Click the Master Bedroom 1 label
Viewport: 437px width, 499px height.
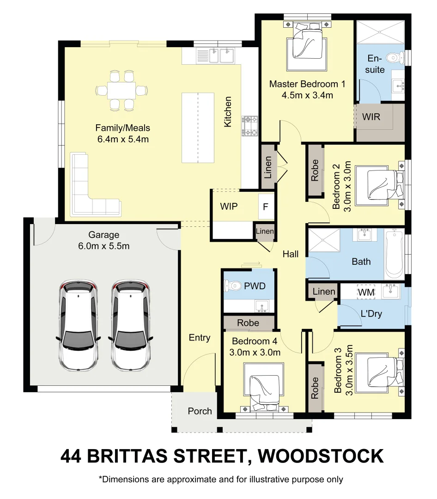(307, 84)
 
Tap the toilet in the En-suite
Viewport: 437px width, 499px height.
(393, 58)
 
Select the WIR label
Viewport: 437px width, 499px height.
(371, 117)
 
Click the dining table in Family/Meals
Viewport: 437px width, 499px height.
(122, 90)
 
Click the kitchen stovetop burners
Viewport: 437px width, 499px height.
(250, 126)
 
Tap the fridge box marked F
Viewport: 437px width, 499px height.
(265, 207)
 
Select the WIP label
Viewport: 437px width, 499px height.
(229, 206)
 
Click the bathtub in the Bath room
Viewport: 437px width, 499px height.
(394, 255)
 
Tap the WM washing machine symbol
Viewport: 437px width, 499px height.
(366, 292)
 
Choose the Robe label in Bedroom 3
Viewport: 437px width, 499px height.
(316, 388)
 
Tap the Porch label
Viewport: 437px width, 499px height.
(200, 411)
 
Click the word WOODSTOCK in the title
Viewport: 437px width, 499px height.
(321, 456)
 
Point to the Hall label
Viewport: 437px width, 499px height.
(291, 254)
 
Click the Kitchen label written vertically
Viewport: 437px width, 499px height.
(228, 112)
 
